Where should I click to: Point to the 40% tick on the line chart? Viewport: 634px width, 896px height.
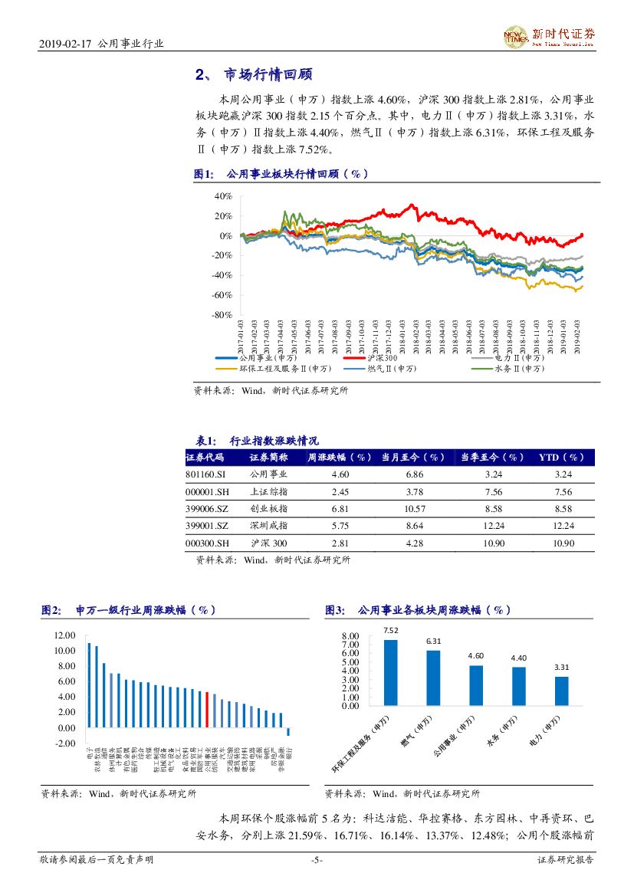pos(223,196)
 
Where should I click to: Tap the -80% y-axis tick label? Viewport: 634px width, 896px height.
pos(222,315)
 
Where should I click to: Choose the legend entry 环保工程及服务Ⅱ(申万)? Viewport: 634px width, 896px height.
pos(285,369)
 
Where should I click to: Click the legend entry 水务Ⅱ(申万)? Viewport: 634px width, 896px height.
pos(519,369)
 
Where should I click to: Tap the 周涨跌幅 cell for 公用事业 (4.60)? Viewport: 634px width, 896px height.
pos(340,475)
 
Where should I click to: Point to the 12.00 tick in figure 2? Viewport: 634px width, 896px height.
pos(65,635)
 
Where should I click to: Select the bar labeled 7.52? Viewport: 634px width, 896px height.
pos(391,672)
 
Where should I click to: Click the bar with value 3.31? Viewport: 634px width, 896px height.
pos(562,691)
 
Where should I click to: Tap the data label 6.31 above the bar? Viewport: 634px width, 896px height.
pos(434,641)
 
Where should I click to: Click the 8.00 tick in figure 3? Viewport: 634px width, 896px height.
pos(350,636)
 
